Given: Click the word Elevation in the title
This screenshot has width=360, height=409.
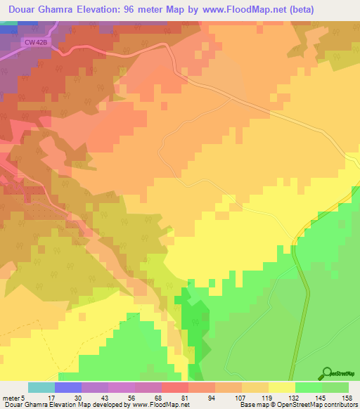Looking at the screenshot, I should (101, 9).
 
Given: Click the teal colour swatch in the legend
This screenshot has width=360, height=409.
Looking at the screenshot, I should (41, 387).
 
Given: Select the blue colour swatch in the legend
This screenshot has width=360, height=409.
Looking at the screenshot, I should (68, 387).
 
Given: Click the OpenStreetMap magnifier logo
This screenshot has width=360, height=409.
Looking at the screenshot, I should (327, 373).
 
